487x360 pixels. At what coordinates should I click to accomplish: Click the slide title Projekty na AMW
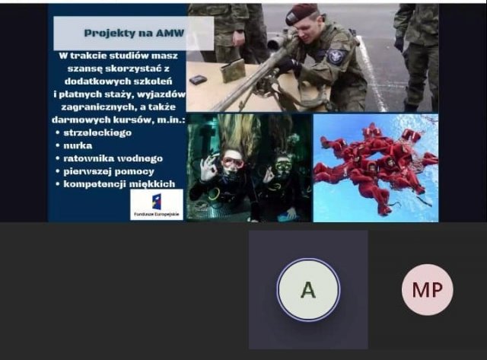[134, 33]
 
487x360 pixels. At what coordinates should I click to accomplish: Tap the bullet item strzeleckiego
[97, 133]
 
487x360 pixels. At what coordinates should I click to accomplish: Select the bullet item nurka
[78, 145]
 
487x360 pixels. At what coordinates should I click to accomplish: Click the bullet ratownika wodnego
[113, 158]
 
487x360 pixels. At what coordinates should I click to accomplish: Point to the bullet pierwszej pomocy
[109, 171]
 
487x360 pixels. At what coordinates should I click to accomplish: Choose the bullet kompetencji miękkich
[119, 184]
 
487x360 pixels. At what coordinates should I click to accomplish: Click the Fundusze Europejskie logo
[157, 205]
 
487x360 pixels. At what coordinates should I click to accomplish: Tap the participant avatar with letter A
[308, 290]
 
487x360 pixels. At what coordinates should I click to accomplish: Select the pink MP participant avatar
[428, 290]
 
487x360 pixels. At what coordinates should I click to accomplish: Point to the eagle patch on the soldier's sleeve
[336, 56]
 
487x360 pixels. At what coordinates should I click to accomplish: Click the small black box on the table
[198, 80]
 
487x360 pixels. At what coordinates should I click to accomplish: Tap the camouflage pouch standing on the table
[233, 71]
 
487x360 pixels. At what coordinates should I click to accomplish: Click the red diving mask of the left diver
[232, 162]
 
